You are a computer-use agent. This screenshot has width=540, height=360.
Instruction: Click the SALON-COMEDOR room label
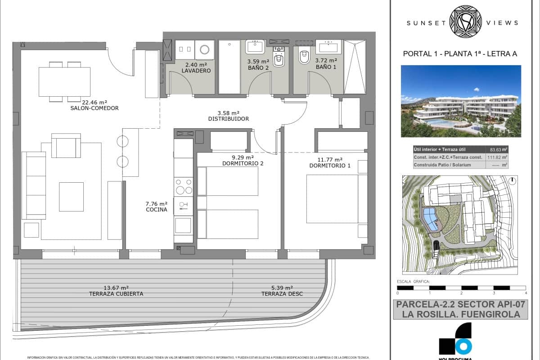click(94, 108)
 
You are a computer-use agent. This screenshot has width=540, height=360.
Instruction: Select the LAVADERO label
click(196, 71)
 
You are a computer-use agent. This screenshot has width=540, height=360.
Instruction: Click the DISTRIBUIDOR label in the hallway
click(229, 119)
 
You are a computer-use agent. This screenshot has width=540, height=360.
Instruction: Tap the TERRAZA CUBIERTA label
click(116, 294)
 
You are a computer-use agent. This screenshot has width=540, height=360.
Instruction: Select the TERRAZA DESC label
click(282, 294)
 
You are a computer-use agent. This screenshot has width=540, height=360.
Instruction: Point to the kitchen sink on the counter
click(183, 206)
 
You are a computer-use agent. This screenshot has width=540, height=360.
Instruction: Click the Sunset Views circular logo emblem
click(466, 22)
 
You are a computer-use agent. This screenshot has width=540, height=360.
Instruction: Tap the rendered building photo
click(461, 101)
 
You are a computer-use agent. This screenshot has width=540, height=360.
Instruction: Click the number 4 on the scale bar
click(526, 293)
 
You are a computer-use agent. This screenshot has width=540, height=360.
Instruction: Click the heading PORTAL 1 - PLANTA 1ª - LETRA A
click(460, 54)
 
